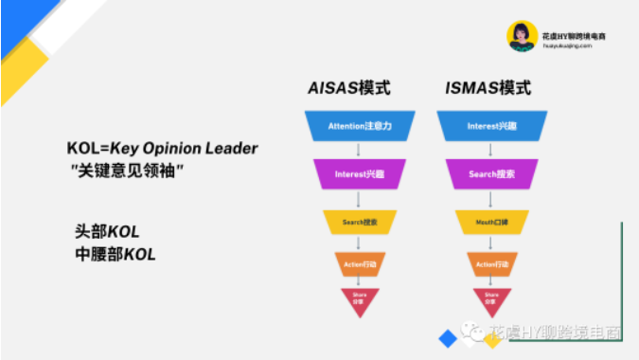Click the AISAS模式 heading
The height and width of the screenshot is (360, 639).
click(349, 88)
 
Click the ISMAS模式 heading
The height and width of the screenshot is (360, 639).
click(487, 88)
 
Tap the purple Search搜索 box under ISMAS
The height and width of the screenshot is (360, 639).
click(491, 174)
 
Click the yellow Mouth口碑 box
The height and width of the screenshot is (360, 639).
click(491, 222)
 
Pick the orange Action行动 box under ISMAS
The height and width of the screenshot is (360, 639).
click(491, 263)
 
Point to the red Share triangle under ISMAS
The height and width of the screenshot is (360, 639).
click(491, 298)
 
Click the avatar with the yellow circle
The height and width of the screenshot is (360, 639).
click(521, 37)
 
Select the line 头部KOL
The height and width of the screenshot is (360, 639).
click(107, 232)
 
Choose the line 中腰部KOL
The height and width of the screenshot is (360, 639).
click(115, 254)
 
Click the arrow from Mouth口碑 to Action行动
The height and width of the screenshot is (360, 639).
click(491, 243)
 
